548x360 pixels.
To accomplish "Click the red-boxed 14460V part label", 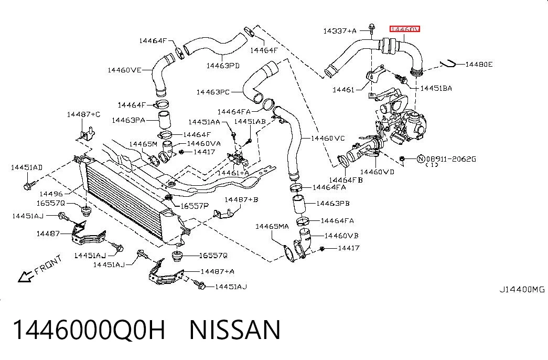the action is pos(405,29).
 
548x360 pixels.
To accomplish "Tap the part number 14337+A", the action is pos(340,31).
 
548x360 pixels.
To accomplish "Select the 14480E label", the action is pos(479,65).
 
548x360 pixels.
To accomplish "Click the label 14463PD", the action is pos(223,66).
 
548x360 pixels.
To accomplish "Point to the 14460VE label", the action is pos(124,70).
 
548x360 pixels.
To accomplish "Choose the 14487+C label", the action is pos(83,114).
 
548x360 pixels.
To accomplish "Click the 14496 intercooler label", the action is pos(51,194).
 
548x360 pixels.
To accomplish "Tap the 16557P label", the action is pos(195,206).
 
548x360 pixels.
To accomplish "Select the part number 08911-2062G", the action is pos(451,159).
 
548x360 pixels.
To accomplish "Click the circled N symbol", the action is pos(421,159).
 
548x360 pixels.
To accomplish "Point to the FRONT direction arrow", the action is pos(25,277).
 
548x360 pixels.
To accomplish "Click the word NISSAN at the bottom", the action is pos(235,330).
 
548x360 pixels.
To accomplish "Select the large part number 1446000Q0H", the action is pos(89,330).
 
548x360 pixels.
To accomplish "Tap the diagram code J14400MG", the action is pos(522,289).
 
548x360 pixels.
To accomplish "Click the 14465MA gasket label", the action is pos(272,226).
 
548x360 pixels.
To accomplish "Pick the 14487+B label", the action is pos(241,199).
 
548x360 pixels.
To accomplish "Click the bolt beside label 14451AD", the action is pos(29,185).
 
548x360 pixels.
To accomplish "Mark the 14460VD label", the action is pos(377,172).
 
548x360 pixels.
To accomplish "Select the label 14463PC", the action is pos(213,92).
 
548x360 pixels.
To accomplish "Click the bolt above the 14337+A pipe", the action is pos(372,27).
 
